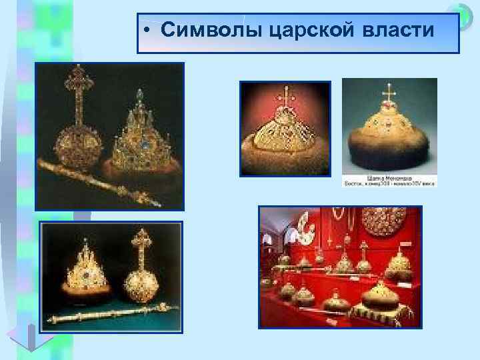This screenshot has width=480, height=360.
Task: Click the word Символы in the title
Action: coord(205,32)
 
